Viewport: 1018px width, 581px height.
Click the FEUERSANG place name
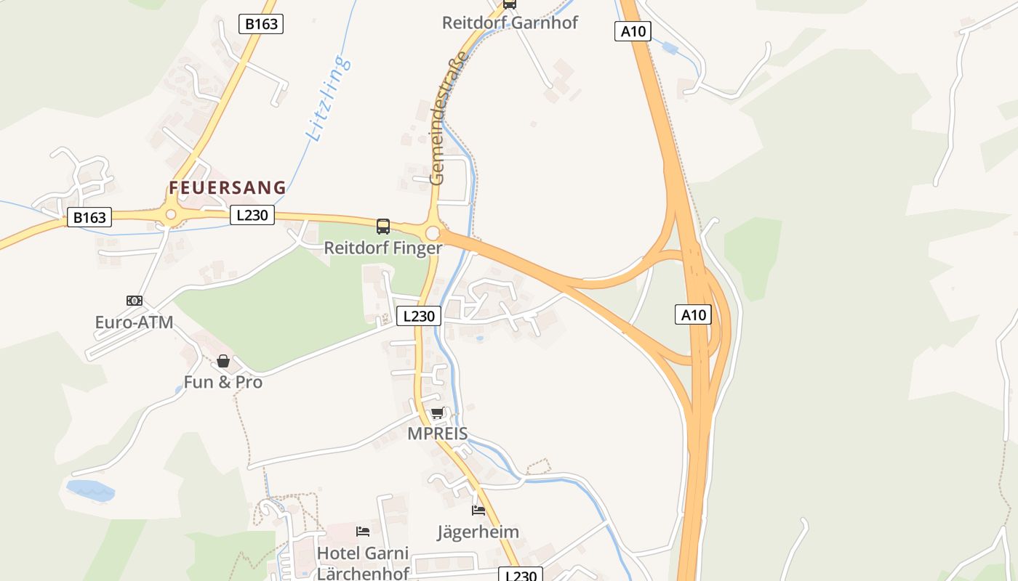click(x=228, y=187)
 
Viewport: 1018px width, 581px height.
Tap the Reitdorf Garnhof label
click(x=510, y=23)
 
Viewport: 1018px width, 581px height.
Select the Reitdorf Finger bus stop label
click(x=382, y=248)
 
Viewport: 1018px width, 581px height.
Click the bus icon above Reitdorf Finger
click(x=383, y=227)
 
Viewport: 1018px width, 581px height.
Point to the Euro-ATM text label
click(x=134, y=322)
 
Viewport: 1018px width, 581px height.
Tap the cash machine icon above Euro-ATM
click(x=134, y=301)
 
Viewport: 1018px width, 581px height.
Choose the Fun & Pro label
click(x=223, y=382)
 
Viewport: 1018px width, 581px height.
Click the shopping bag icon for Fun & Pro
click(x=223, y=361)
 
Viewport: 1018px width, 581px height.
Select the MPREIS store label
click(x=437, y=434)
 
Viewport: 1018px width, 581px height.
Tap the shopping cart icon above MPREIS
click(x=437, y=413)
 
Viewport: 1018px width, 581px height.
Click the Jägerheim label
click(x=478, y=532)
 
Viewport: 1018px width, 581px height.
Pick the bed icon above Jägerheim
click(x=478, y=511)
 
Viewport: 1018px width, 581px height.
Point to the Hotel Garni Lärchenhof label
click(x=363, y=563)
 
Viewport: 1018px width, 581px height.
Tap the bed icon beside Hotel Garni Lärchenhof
click(x=363, y=532)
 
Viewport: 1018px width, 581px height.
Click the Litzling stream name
click(x=329, y=98)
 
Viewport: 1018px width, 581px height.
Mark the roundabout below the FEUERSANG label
click(x=171, y=214)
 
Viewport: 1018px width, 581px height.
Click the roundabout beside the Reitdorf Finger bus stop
click(x=433, y=233)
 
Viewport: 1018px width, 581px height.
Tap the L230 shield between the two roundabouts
click(x=252, y=215)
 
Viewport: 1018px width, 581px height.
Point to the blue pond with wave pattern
click(x=91, y=489)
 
